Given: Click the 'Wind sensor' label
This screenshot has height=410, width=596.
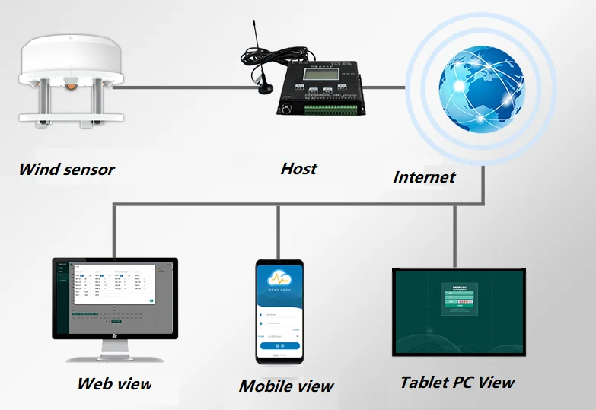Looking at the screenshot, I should [66, 169].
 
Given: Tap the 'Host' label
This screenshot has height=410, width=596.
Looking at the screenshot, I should [298, 168].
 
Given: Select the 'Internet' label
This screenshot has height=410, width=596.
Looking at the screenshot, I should [424, 177].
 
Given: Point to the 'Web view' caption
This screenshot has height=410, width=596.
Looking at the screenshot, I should [114, 383].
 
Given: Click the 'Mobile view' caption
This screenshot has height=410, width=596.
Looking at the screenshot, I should [285, 386].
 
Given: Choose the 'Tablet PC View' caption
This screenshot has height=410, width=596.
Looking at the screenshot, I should [457, 382].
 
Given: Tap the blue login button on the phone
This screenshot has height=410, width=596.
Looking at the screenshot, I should [279, 345].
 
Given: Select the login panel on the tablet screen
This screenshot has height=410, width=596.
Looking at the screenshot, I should [459, 297].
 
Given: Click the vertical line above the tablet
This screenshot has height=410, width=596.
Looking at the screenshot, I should [454, 235].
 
